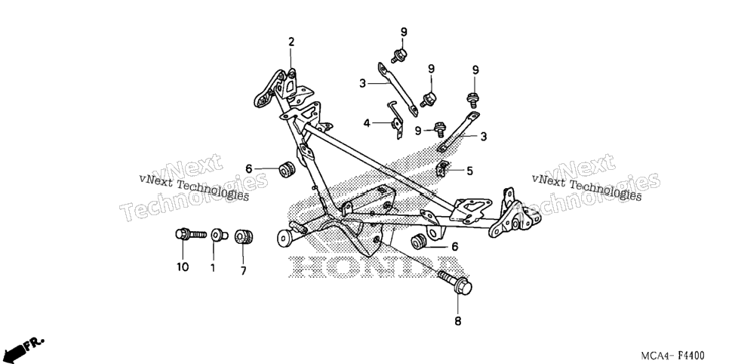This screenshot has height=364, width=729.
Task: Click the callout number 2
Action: pyautogui.click(x=291, y=42)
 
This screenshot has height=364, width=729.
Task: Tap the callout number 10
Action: pyautogui.click(x=183, y=267)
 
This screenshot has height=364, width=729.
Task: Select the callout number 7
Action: pyautogui.click(x=243, y=270)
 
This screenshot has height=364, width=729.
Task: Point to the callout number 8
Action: pyautogui.click(x=458, y=321)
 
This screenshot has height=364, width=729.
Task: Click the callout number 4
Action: pyautogui.click(x=367, y=123)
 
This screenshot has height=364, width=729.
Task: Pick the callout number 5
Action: pyautogui.click(x=469, y=171)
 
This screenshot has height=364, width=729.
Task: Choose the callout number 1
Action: pyautogui.click(x=213, y=267)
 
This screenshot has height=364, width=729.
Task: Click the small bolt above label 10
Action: pyautogui.click(x=191, y=233)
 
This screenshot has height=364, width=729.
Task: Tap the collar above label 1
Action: pyautogui.click(x=219, y=235)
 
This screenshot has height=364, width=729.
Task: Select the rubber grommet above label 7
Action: pyautogui.click(x=243, y=236)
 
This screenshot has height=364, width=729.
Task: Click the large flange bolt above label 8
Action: pyautogui.click(x=455, y=282)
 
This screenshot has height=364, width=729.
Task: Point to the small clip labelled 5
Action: pyautogui.click(x=442, y=168)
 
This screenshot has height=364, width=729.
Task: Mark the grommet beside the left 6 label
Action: pyautogui.click(x=287, y=169)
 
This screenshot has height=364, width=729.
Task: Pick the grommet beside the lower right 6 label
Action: pyautogui.click(x=419, y=242)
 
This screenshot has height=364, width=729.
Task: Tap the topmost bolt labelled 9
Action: pyautogui.click(x=399, y=55)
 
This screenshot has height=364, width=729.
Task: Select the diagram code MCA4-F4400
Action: pyautogui.click(x=672, y=356)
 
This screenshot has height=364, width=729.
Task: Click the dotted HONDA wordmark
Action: pyautogui.click(x=376, y=267)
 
